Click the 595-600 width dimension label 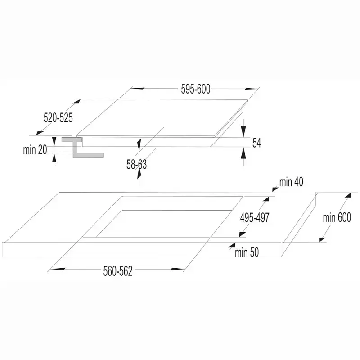(196, 89)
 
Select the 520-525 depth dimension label (58, 118)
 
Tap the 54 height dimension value (256, 143)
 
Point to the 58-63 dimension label (136, 165)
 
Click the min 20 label (35, 150)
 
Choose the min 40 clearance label (291, 182)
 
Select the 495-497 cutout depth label (255, 217)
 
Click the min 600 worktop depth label (337, 217)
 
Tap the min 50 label (247, 252)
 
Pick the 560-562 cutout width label (118, 271)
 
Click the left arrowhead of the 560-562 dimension (58, 269)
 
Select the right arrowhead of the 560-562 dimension (177, 269)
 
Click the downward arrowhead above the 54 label (243, 130)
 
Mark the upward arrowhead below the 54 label (243, 153)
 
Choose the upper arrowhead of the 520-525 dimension (76, 102)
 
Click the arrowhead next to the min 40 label (275, 189)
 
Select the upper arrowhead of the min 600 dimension (348, 196)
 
